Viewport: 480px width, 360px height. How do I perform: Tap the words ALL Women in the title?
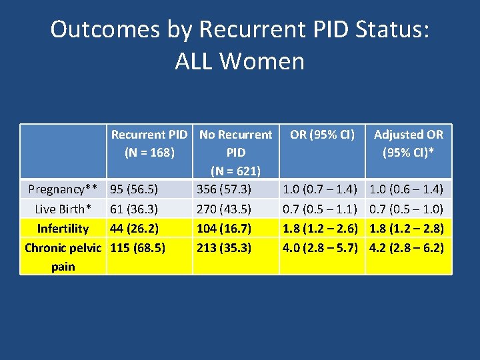coord(239,61)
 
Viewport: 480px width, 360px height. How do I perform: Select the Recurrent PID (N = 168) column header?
coord(149,143)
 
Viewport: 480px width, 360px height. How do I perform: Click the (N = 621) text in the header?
coord(236,171)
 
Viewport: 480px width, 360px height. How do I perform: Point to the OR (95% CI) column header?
coord(322,135)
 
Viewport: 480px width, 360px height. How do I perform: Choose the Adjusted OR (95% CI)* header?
coord(408,143)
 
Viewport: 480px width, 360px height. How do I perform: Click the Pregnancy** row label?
coord(63,190)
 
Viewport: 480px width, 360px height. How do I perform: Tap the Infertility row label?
coord(63,229)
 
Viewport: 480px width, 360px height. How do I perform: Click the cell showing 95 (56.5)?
coord(134,190)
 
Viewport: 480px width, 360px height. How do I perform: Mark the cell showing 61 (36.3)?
coord(134,209)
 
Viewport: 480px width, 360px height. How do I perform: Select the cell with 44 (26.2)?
coord(134,229)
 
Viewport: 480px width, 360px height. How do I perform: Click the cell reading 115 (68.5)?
coord(137,248)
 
